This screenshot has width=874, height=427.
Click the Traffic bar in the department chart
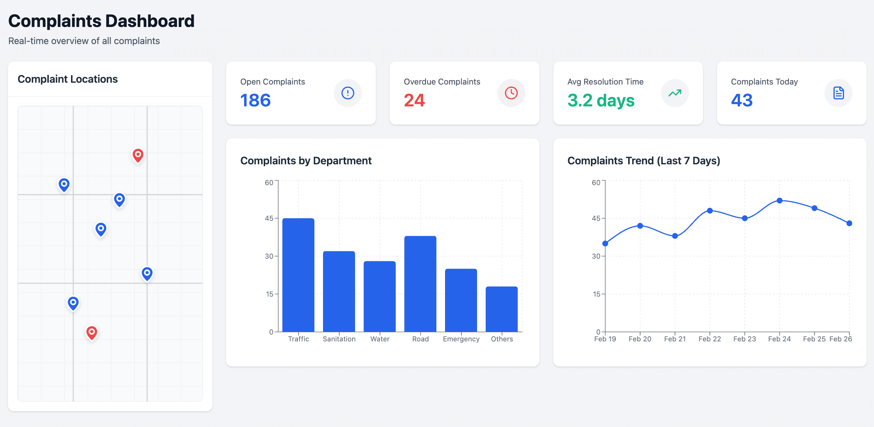(x=298, y=275)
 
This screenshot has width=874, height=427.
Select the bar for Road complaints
(x=420, y=284)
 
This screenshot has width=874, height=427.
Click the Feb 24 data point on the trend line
(x=779, y=201)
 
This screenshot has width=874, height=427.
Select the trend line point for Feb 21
(x=675, y=236)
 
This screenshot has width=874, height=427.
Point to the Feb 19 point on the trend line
(x=605, y=243)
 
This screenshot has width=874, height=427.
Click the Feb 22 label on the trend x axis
(x=709, y=339)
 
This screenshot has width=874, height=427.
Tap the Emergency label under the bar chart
(x=461, y=339)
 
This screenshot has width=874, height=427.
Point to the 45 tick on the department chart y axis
(x=269, y=218)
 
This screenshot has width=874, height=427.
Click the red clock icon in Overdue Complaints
(x=511, y=93)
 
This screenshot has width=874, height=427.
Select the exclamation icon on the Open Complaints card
(x=348, y=93)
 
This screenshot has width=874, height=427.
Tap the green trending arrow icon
(x=675, y=93)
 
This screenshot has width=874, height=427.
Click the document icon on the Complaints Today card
(x=838, y=93)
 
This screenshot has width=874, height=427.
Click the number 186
(x=255, y=100)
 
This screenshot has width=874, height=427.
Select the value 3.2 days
(x=601, y=100)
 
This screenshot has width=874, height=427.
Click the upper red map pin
(x=138, y=155)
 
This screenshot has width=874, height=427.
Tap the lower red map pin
(x=92, y=332)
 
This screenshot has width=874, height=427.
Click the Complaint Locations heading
(x=68, y=79)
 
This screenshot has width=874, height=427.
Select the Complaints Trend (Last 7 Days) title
(x=643, y=161)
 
